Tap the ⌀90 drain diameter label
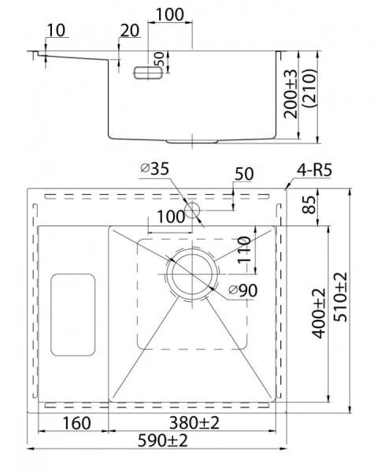(243, 291)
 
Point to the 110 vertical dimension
(245, 251)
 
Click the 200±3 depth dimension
(293, 95)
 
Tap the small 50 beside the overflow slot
(158, 59)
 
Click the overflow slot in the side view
(147, 72)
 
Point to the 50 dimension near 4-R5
(243, 174)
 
